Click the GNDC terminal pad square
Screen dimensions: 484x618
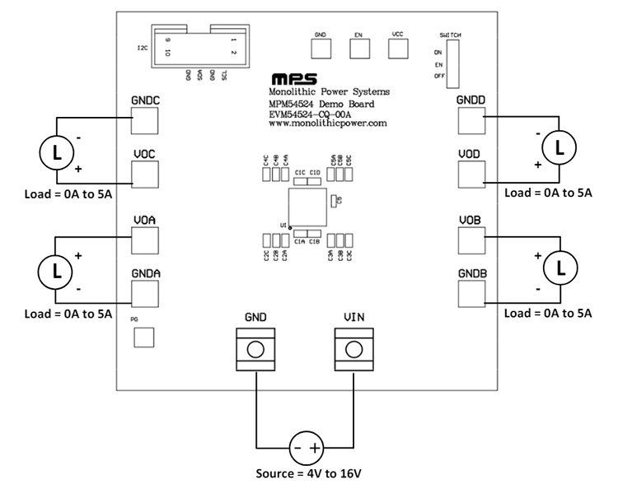pyautogui.click(x=143, y=120)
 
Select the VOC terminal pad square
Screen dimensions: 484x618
pyautogui.click(x=143, y=173)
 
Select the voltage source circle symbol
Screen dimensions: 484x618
pyautogui.click(x=306, y=449)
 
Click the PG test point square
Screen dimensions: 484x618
pyautogui.click(x=143, y=337)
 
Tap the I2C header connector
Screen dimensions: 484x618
pyautogui.click(x=201, y=46)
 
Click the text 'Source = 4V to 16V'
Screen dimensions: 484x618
pyautogui.click(x=306, y=474)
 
